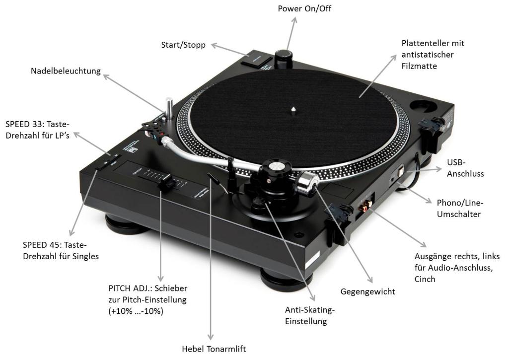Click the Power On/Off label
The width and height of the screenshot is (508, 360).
[x=303, y=8]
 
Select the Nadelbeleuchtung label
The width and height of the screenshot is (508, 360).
[x=65, y=72]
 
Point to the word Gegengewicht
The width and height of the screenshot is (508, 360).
[x=367, y=291]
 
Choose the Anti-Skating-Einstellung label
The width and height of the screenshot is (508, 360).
[x=310, y=316]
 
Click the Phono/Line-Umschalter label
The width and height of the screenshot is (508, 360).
[x=459, y=208]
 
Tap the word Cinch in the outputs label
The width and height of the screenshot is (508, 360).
[x=425, y=279]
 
